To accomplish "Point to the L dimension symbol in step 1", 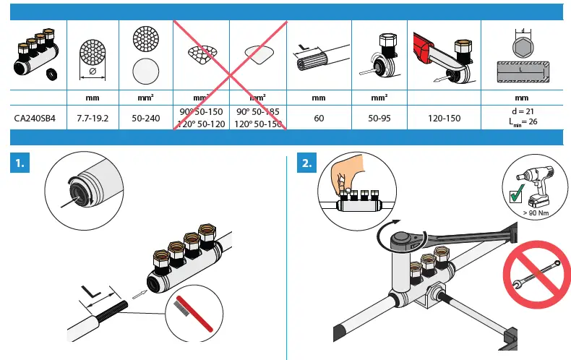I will coord(92,291).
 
